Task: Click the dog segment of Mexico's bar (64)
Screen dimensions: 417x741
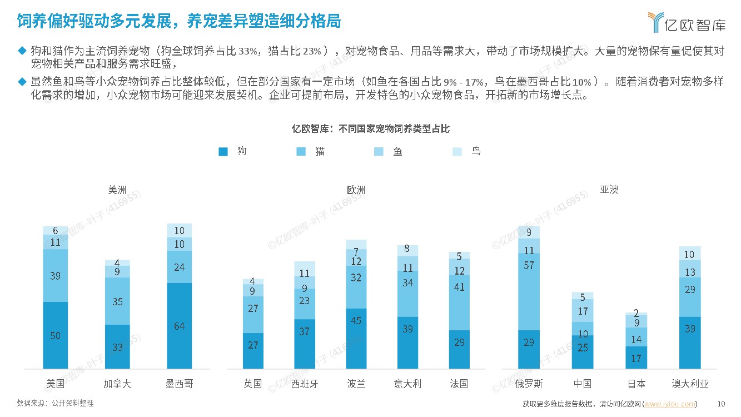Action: pos(179,326)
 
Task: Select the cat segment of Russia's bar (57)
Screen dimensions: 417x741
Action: pos(529,284)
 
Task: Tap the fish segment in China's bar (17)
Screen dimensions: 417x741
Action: pos(583,311)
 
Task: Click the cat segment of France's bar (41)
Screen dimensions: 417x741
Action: pos(459,302)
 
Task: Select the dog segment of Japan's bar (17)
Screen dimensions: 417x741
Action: pos(636,358)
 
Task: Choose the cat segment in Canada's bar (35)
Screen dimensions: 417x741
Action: pos(117,301)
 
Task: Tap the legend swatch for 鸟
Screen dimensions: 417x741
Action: pos(456,151)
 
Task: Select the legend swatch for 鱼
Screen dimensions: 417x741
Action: pos(379,151)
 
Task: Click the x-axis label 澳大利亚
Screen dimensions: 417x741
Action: pos(690,384)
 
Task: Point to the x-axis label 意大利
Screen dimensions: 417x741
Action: pos(407,384)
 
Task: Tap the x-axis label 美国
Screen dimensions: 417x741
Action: pos(55,384)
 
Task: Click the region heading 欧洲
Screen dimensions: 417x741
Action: pos(356,190)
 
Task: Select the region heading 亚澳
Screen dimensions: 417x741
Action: pos(609,190)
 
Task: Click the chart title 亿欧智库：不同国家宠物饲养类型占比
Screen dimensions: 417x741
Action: pos(371,129)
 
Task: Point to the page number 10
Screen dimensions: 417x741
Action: pos(722,404)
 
